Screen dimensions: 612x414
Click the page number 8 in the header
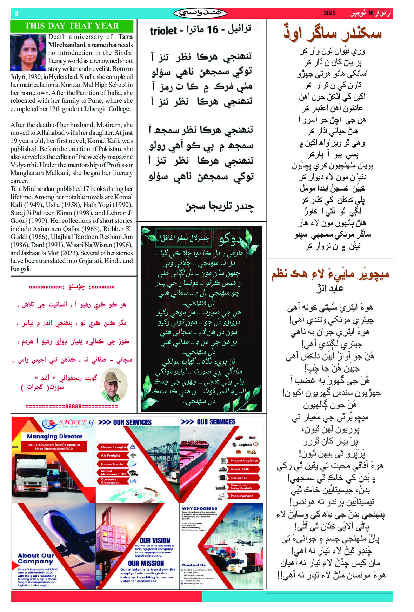(x=16, y=14)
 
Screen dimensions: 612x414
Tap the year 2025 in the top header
(x=329, y=13)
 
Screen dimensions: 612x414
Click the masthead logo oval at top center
(x=200, y=13)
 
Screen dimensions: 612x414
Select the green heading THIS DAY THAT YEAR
(x=72, y=26)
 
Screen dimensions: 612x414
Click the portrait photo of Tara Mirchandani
(x=28, y=53)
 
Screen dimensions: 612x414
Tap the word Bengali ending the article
(x=20, y=269)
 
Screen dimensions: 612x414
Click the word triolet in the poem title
(x=163, y=31)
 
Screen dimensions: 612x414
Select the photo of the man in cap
(x=114, y=385)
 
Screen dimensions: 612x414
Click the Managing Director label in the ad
(x=55, y=436)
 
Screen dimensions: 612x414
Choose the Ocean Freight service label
(x=113, y=447)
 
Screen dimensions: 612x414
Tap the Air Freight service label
(x=111, y=455)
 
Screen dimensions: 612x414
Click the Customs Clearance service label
(x=110, y=481)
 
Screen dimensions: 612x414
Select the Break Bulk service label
(x=240, y=469)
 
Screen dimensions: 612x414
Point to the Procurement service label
(x=241, y=496)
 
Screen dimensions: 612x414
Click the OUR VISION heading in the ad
(x=155, y=540)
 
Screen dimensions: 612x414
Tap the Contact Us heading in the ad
(x=194, y=565)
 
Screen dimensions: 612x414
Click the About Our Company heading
(x=36, y=558)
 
